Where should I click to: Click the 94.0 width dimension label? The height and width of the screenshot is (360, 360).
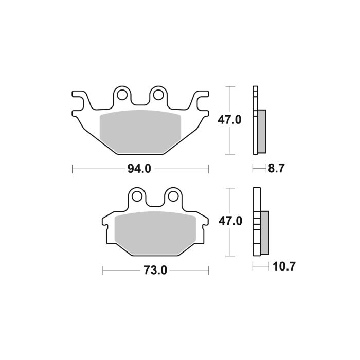pyautogui.click(x=140, y=169)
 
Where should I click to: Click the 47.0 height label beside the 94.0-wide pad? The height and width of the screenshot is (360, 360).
pyautogui.click(x=230, y=120)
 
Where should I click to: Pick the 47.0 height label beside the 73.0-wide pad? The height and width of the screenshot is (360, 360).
pyautogui.click(x=230, y=221)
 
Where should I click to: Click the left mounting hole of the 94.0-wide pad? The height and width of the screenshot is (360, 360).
pyautogui.click(x=122, y=95)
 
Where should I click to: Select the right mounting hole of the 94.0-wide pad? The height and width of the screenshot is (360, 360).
pyautogui.click(x=158, y=95)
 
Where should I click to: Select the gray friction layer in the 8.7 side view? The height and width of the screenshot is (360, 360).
pyautogui.click(x=261, y=132)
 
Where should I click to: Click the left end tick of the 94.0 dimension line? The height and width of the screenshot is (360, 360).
pyautogui.click(x=73, y=169)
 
